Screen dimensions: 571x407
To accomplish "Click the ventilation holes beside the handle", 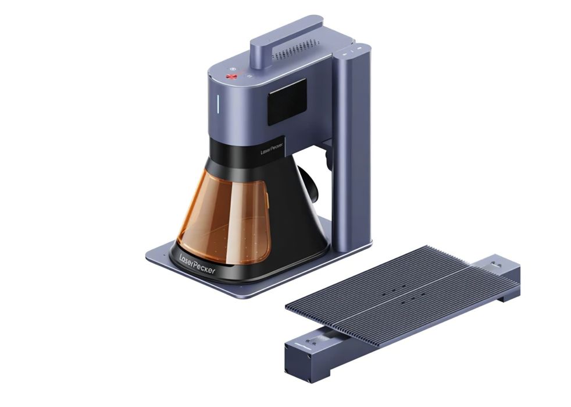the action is (x=297, y=49).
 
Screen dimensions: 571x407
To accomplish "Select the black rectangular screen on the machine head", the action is (x=287, y=102).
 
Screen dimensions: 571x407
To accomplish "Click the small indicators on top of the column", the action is (x=352, y=50).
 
